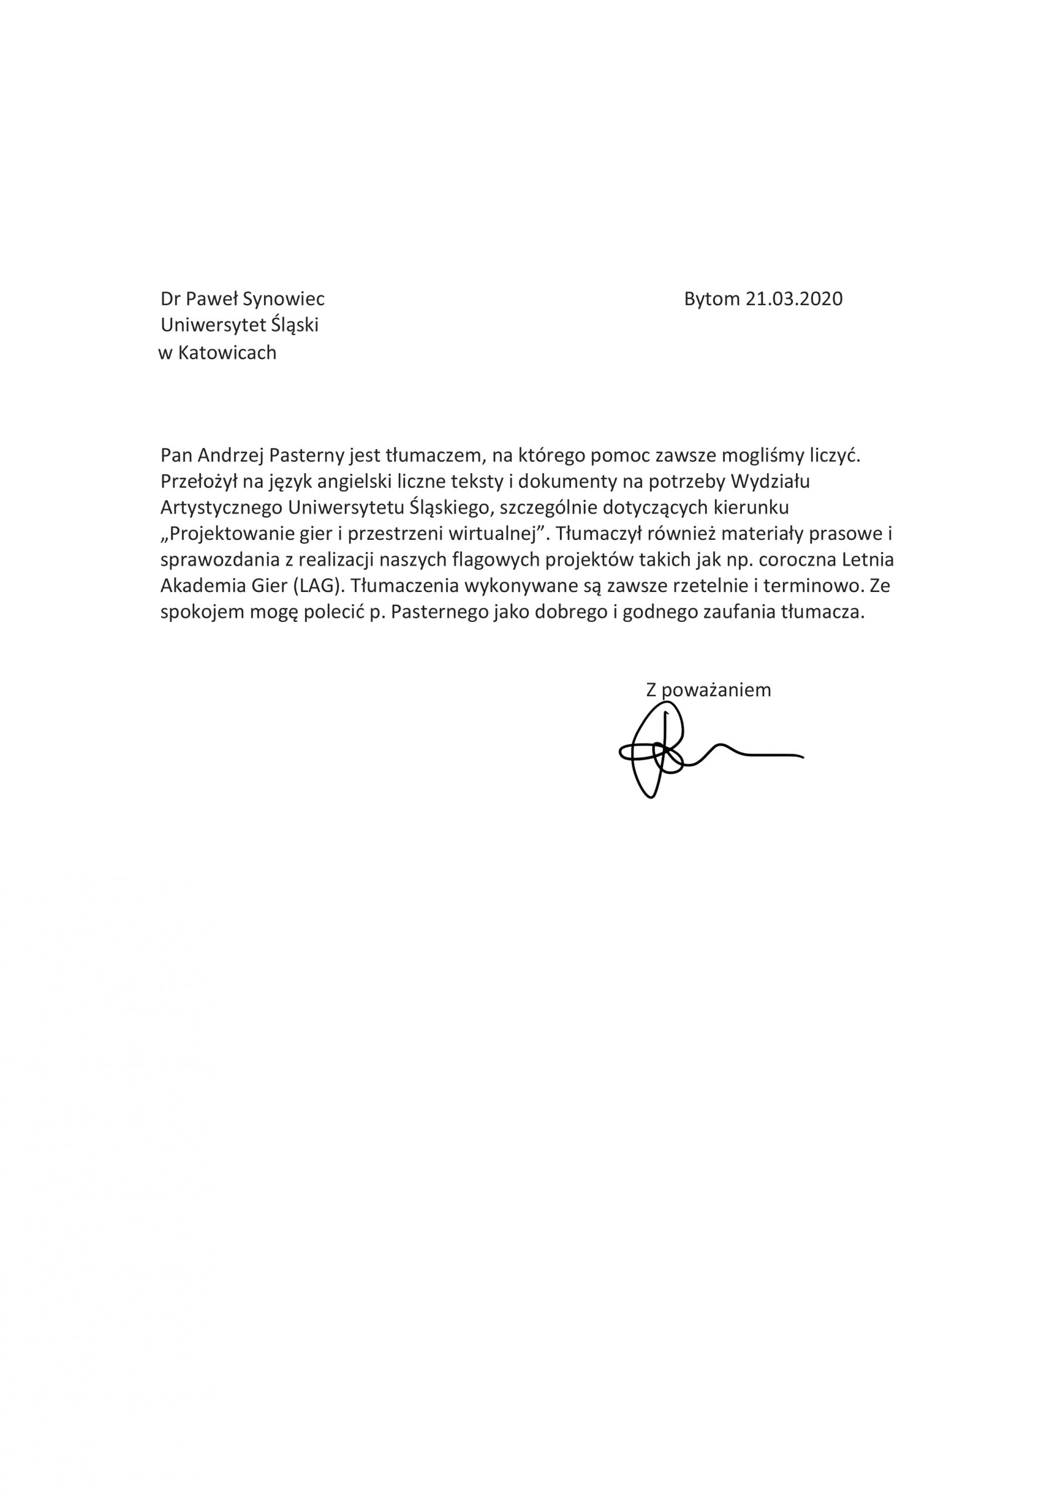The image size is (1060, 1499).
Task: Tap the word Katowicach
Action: [227, 353]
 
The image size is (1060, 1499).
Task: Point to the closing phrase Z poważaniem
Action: [708, 690]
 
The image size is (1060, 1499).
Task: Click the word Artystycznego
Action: [221, 507]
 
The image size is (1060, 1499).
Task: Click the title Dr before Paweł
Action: [170, 299]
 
